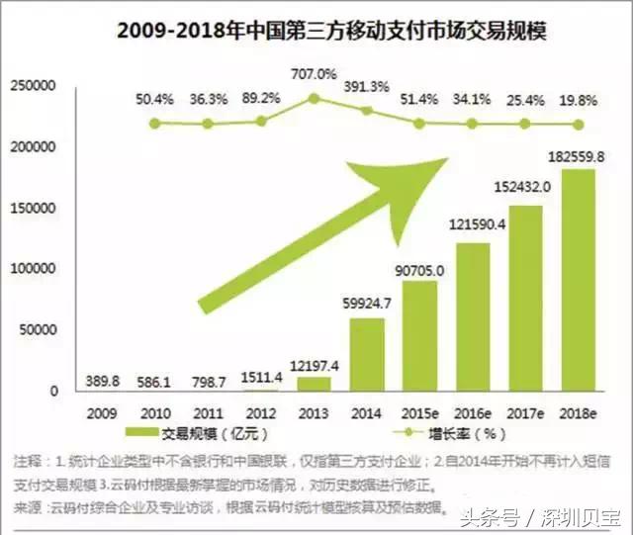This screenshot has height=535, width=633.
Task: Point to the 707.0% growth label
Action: pyautogui.click(x=314, y=73)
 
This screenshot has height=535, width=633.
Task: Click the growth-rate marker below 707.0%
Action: pyautogui.click(x=314, y=98)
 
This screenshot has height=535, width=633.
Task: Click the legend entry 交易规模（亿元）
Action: pyautogui.click(x=197, y=434)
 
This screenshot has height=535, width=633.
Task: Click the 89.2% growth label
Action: pyautogui.click(x=260, y=98)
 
